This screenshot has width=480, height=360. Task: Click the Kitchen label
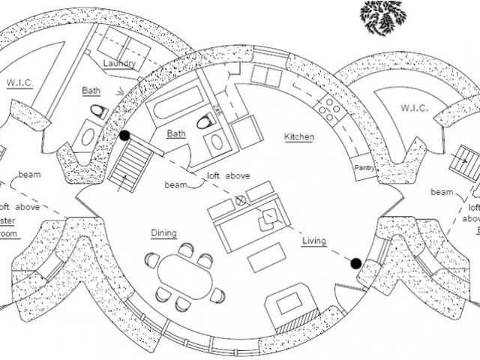click(299, 136)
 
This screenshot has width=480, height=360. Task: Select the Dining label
click(163, 232)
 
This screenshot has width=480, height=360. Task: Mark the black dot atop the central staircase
click(124, 136)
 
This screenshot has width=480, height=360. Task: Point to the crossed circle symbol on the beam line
click(241, 200)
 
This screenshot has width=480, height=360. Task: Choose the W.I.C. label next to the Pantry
click(413, 109)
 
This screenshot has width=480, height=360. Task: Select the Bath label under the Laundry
click(90, 90)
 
